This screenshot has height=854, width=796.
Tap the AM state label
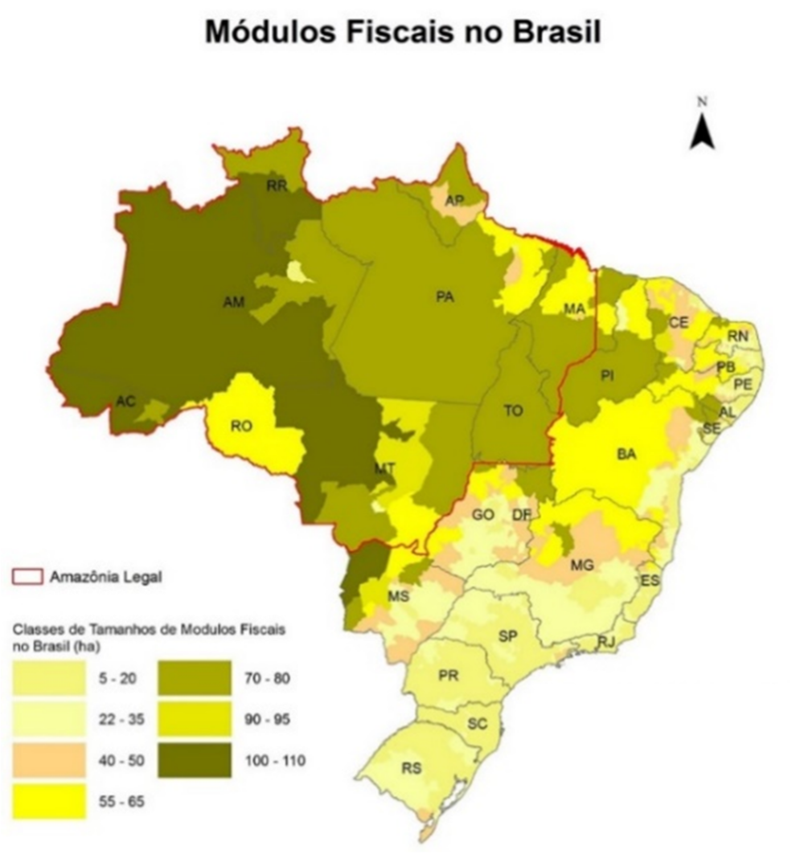tap(234, 301)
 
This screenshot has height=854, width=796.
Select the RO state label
tap(241, 427)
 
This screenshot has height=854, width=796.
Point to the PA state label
tap(445, 297)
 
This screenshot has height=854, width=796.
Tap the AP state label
tap(455, 200)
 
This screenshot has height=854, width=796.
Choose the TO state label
tap(513, 411)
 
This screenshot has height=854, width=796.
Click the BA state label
tap(626, 454)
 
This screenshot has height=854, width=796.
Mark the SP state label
tap(507, 636)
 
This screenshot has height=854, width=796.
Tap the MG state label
tap(581, 566)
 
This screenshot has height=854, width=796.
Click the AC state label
tap(125, 401)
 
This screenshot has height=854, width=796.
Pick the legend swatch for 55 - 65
tap(49, 802)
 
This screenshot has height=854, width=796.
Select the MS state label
tap(399, 597)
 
